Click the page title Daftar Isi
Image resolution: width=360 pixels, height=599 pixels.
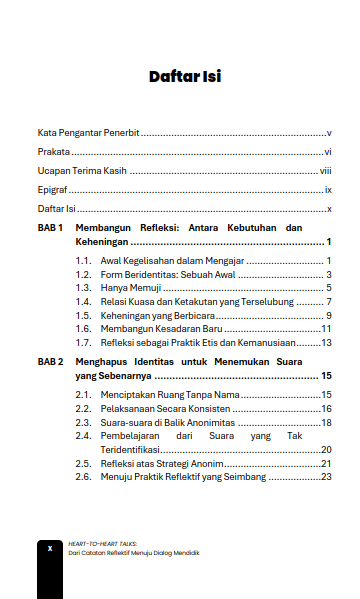pos(185,76)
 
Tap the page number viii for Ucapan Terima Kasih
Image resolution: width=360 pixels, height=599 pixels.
pos(325,171)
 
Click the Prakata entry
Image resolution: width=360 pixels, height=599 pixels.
pos(53,152)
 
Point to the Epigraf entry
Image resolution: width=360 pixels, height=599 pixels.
pos(52,190)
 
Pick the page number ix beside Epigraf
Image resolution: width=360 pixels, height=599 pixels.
pos(327,190)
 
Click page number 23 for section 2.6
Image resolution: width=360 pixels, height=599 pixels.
pos(326,478)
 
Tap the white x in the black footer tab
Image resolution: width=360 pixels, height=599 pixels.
pos(49,548)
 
